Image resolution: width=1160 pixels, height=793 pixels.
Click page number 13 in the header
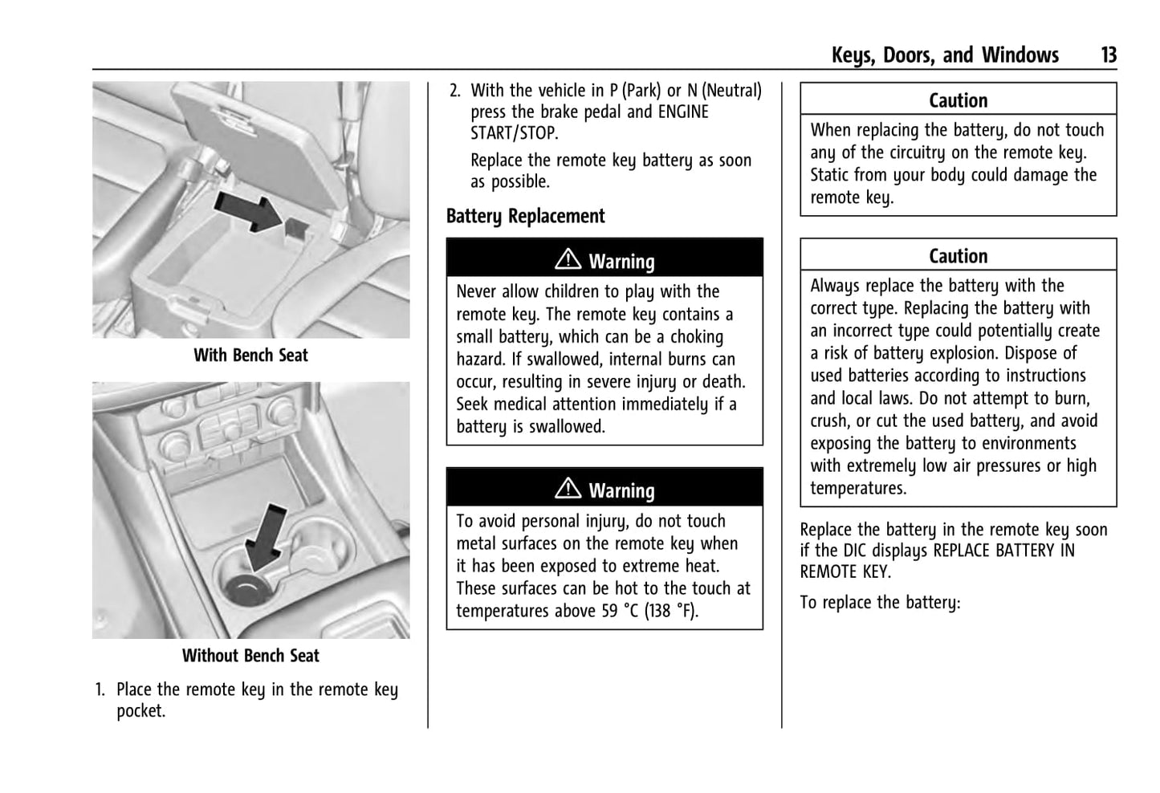coord(1108,55)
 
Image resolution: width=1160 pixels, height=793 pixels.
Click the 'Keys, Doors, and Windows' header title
coord(945,55)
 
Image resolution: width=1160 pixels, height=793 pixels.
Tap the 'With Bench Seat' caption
coord(250,355)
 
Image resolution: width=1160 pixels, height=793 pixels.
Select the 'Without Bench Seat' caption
coord(250,656)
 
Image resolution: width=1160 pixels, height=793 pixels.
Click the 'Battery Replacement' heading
coord(525,216)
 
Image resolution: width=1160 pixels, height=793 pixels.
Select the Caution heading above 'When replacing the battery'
coord(958,100)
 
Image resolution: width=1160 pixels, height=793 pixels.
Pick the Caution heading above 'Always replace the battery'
coord(958,256)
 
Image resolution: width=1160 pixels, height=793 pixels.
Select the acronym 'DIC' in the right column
coord(860,551)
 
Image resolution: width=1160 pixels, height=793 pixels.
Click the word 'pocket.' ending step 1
coord(141,711)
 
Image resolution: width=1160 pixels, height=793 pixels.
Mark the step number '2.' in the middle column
coord(455,91)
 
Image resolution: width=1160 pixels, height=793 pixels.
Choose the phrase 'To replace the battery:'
coord(880,602)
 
